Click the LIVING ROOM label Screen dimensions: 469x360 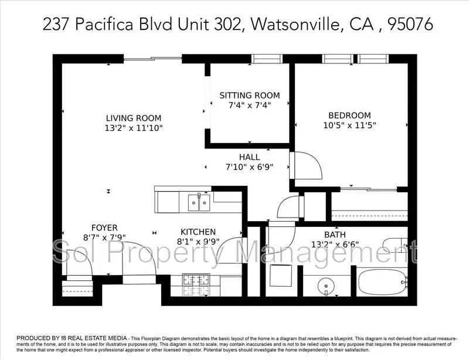coord(134,118)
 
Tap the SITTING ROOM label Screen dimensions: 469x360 coord(250,96)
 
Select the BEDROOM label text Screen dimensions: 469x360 coord(349,116)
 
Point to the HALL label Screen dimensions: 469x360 coord(249,157)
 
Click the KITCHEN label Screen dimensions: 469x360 coord(198,232)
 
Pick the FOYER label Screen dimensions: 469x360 coord(104,227)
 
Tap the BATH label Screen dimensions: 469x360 coord(335,235)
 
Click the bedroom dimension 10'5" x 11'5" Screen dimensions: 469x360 coord(349,125)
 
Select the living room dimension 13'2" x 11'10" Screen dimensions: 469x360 coord(134,128)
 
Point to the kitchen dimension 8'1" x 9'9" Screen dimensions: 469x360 coord(198,242)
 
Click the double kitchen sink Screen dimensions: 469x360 coord(199,202)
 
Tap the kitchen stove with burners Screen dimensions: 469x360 coord(196,284)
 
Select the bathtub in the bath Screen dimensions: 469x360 coord(382,283)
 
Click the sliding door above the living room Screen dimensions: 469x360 coord(152,59)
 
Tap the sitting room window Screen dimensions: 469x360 coord(267,59)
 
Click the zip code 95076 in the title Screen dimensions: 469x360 coord(410,24)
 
